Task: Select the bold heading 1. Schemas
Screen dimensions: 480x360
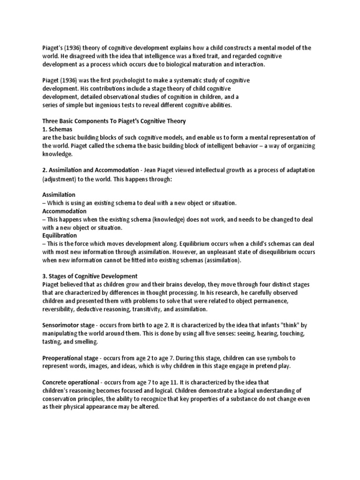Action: pos(58,129)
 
